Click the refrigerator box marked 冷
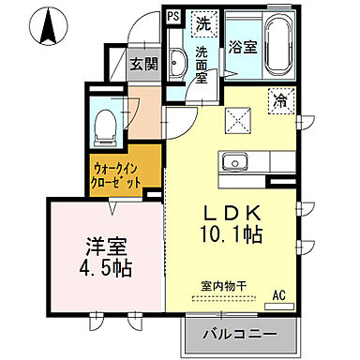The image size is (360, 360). coord(280,101)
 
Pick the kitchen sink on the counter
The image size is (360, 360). coord(233,166)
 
